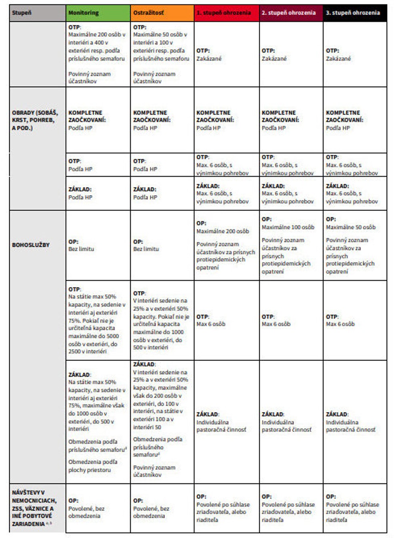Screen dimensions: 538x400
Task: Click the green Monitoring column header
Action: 98,13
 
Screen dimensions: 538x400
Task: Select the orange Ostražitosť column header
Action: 162,13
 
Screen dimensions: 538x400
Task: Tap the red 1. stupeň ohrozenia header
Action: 226,13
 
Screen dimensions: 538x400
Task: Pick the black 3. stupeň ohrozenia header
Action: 355,13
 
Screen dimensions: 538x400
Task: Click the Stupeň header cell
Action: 38,13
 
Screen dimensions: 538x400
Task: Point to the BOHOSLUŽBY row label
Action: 31,245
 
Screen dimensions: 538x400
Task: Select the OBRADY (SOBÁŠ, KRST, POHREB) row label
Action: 35,120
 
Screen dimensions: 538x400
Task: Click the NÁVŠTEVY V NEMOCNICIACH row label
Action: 34,508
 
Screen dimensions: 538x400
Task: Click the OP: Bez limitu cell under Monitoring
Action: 98,245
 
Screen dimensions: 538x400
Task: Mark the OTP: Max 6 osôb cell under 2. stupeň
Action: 291,320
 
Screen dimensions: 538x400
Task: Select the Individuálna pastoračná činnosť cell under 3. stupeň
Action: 354,422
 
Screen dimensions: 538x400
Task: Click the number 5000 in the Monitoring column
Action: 112,336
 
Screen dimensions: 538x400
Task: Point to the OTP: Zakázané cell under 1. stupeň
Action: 226,54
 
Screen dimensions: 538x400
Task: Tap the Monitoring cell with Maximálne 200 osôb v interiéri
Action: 98,54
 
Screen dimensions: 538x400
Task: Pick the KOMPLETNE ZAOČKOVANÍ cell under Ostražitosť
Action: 162,120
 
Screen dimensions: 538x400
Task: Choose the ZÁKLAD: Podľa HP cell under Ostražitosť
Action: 162,193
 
